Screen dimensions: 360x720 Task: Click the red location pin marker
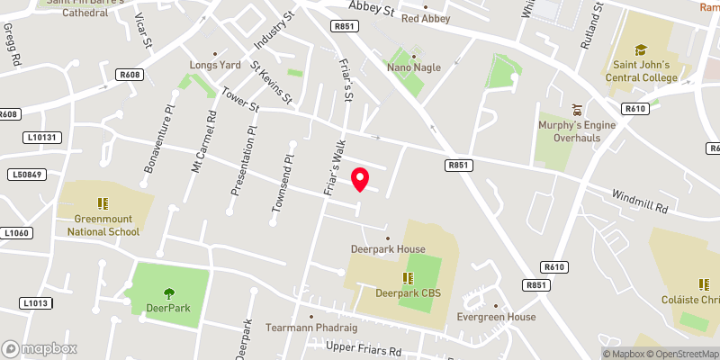click(360, 179)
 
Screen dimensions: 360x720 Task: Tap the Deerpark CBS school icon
click(407, 277)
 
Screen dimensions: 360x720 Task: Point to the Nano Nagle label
click(416, 67)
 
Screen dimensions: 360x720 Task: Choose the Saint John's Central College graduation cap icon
click(641, 50)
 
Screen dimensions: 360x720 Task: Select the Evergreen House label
click(496, 317)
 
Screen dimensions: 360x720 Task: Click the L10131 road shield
click(41, 138)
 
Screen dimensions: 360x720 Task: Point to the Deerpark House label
click(388, 248)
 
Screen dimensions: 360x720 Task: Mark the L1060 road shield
click(17, 233)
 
